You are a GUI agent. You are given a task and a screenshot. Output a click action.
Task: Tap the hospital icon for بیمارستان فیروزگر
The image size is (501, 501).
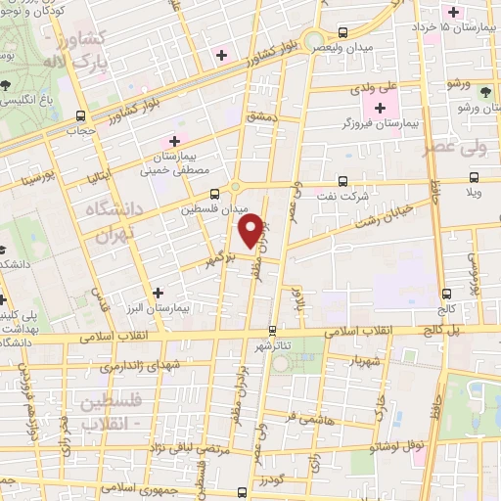point(381,106)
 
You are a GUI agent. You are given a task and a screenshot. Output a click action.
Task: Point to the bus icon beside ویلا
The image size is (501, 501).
point(474,177)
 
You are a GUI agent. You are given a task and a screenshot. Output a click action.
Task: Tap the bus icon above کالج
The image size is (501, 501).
point(446,293)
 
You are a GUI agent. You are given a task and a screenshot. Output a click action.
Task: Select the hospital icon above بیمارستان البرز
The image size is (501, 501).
point(158,292)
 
